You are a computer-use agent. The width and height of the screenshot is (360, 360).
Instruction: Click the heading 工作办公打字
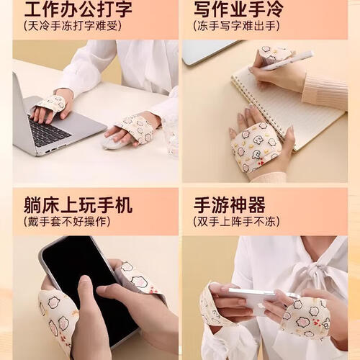coord(78,9)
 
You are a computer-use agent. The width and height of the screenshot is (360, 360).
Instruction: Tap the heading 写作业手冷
coord(238,9)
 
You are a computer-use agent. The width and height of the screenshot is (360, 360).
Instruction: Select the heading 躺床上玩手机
coord(78,205)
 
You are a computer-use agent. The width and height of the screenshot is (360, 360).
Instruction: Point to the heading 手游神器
coord(230,205)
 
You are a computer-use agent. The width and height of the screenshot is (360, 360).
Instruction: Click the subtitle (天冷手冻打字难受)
coord(73,26)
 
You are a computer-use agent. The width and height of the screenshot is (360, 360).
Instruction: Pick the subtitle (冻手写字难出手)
coord(236,26)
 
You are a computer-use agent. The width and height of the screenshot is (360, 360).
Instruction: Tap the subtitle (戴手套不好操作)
coord(67,222)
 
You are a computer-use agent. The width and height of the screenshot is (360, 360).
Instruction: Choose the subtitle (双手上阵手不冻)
coord(236,222)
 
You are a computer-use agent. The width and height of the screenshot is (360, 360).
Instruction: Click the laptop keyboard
coord(49,131)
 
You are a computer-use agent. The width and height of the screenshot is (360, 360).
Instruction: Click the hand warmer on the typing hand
coord(51,103)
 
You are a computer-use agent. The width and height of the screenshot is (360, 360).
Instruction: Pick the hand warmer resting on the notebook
coord(257,146)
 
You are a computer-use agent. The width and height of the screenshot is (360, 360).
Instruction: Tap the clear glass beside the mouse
coord(171,136)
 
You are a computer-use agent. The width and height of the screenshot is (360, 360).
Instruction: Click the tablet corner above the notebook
coord(211,52)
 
